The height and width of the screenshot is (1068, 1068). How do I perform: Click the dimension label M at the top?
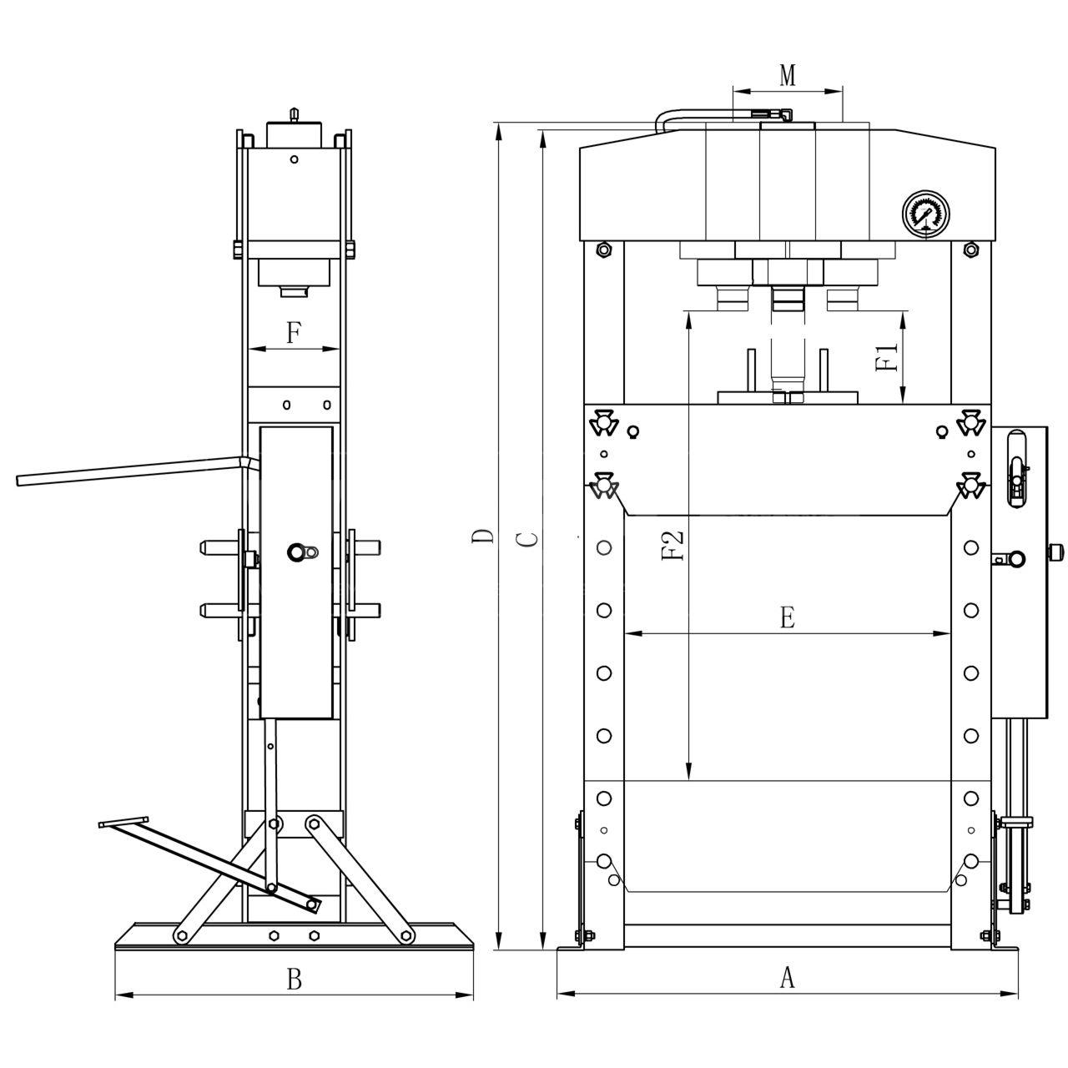tap(787, 75)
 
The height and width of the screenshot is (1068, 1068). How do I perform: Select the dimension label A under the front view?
tap(786, 977)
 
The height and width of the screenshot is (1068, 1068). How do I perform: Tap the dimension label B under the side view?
tap(294, 979)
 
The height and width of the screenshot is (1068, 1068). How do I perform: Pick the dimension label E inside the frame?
tap(786, 618)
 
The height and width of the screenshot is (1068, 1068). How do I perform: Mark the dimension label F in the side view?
tap(293, 334)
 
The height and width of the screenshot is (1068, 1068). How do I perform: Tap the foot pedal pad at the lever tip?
tap(123, 823)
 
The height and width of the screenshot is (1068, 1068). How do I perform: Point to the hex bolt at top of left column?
tap(603, 249)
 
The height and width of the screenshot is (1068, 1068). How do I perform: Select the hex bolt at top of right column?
tap(970, 249)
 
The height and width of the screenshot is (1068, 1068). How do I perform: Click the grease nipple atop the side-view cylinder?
tap(293, 113)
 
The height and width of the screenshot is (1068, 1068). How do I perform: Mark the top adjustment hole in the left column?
tap(604, 548)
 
